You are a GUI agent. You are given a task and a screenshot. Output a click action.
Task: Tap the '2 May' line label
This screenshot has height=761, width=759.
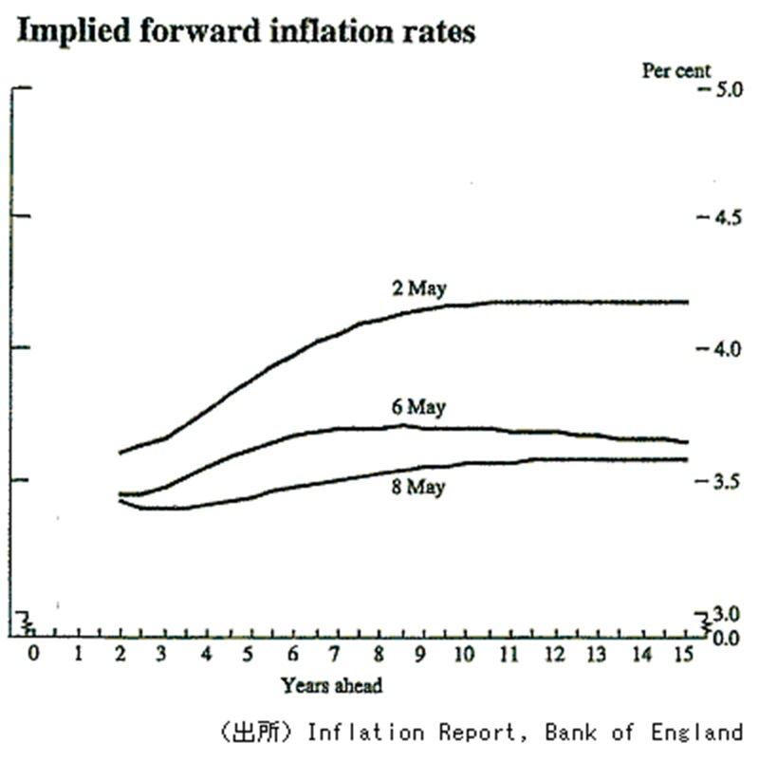point(419,288)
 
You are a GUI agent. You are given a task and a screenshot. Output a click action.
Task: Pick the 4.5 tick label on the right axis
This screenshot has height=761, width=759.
point(723,218)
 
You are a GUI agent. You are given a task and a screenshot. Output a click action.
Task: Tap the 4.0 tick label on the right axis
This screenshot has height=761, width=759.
point(723,349)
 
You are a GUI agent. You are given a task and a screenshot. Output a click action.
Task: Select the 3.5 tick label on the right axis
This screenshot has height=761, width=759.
point(723,481)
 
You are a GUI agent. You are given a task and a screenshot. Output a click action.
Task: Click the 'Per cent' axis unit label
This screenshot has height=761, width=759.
point(676,70)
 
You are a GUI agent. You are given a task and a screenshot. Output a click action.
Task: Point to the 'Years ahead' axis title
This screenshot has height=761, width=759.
point(332,684)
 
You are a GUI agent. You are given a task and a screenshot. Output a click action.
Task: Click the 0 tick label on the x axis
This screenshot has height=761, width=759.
point(33,654)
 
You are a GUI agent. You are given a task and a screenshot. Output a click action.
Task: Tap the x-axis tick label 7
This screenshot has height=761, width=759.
point(334,654)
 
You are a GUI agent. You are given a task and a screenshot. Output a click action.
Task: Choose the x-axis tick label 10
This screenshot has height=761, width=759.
point(465,654)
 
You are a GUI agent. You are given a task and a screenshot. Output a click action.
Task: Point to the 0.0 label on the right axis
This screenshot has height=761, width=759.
point(725,635)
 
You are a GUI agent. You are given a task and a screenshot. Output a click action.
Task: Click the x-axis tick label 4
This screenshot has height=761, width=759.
point(205,654)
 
